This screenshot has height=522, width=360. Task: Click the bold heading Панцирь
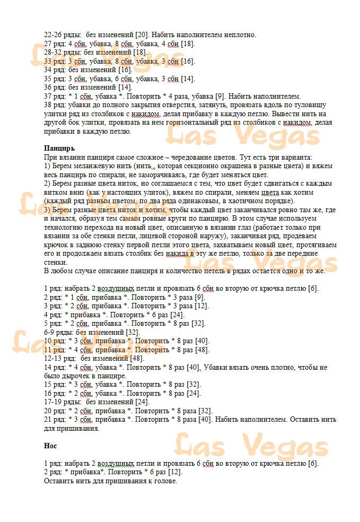point(59,148)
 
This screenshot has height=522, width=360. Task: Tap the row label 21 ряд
point(54,419)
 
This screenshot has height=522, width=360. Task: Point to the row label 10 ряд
point(54,341)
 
